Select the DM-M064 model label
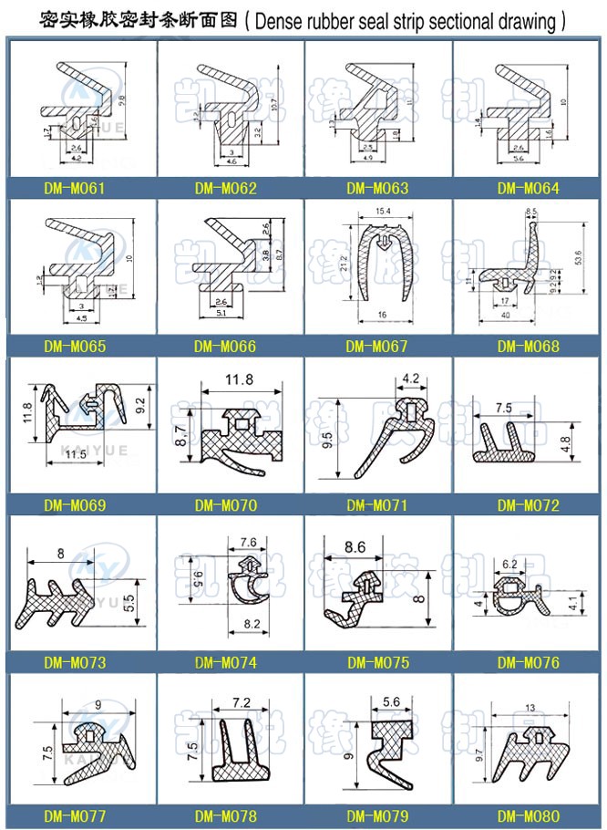529,190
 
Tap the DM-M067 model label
377,348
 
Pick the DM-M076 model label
529,661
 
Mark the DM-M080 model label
529,816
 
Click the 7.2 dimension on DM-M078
242,703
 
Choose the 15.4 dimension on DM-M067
380,213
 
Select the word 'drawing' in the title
528,17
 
